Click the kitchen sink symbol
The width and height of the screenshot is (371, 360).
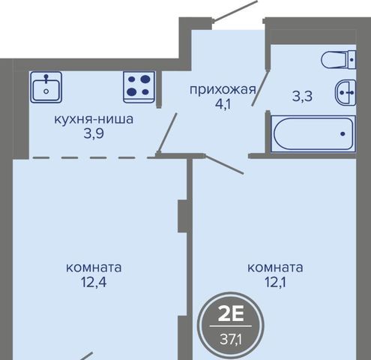[46, 87]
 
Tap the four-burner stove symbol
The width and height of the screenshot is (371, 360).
[139, 87]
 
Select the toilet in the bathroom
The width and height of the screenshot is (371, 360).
[339, 60]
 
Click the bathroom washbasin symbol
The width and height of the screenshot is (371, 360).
[346, 93]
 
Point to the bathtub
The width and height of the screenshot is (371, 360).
[313, 133]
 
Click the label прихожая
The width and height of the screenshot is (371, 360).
[223, 90]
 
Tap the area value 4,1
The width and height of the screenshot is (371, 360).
[223, 104]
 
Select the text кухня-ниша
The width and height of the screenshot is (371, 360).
[94, 119]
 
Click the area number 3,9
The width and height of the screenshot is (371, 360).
[94, 134]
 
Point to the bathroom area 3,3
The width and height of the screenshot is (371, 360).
[302, 96]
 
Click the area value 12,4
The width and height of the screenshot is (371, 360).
[94, 282]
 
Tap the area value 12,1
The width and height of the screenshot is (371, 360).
[275, 282]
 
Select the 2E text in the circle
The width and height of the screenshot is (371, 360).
[231, 314]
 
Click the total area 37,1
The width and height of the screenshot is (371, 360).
[231, 339]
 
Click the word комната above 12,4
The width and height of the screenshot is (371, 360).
[94, 268]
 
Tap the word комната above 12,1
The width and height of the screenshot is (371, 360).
[275, 268]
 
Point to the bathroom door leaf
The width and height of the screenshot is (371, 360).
[260, 88]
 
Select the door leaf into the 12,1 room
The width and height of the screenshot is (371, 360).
[224, 164]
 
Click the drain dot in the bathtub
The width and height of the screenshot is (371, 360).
[343, 133]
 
